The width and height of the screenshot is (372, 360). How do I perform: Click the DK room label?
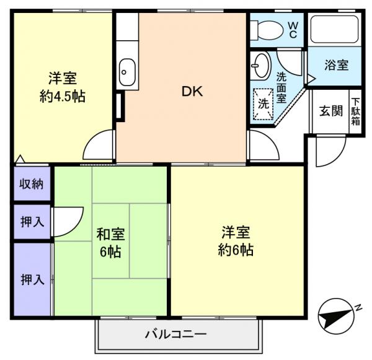[192, 91]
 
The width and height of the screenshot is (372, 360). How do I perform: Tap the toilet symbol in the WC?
[268, 29]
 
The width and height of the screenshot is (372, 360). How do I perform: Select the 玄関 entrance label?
[330, 112]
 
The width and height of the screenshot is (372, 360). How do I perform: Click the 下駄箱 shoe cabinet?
[356, 112]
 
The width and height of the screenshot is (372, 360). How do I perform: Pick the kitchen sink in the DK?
[127, 71]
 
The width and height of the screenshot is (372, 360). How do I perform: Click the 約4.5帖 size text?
[63, 96]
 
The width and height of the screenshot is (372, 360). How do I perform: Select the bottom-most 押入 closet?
[32, 279]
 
